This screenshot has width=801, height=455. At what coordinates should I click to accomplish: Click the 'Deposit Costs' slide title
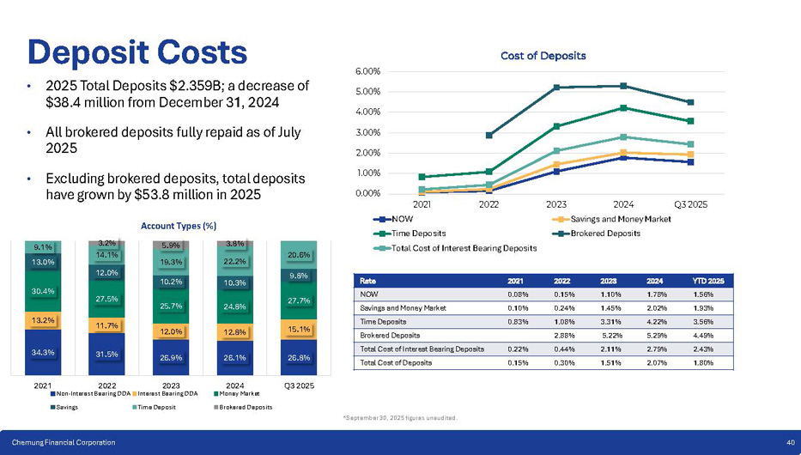point(137,52)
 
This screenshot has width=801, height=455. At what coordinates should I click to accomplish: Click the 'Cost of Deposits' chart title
point(543,56)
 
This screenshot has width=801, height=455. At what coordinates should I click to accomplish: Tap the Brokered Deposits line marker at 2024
point(623,86)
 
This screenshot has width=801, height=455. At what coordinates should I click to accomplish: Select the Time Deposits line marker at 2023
point(556,126)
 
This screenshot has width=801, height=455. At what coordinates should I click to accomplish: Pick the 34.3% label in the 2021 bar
point(43,352)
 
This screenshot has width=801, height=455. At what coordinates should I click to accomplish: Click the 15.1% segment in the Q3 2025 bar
point(299,327)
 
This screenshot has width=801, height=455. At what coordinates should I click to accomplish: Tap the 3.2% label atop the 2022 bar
point(107,243)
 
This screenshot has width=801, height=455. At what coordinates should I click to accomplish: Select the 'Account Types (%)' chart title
point(178,226)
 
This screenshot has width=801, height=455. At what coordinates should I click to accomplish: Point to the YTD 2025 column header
point(708,280)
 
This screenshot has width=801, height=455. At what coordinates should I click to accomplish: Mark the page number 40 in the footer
point(790,442)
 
